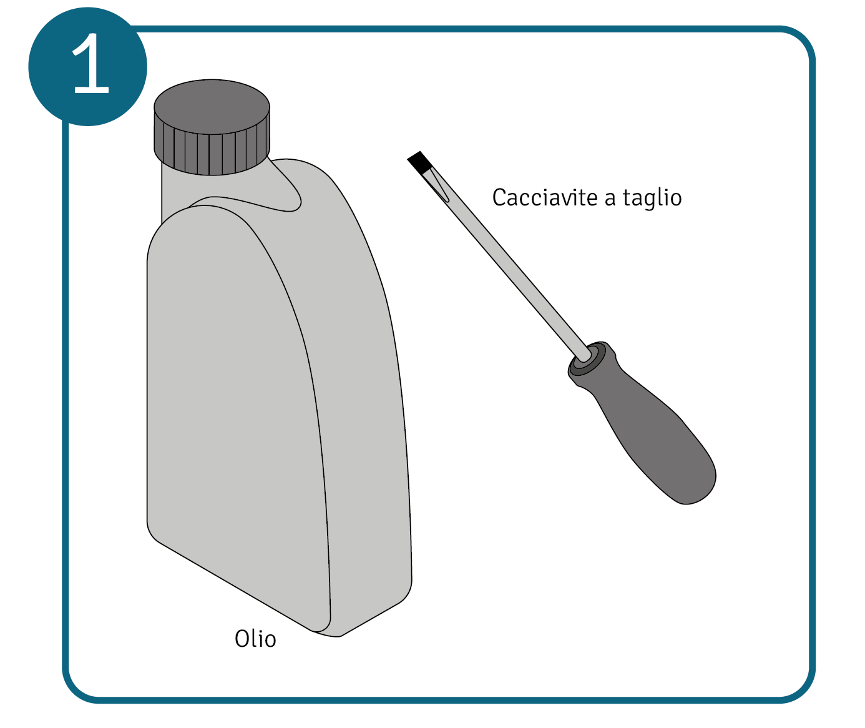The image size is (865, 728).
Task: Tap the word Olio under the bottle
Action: point(255,639)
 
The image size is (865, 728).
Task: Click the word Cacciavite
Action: point(545,197)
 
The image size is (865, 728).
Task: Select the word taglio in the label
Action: point(652,197)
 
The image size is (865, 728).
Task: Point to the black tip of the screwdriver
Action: point(420,162)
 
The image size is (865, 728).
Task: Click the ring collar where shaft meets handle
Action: point(586,358)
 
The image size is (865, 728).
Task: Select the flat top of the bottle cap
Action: point(212,107)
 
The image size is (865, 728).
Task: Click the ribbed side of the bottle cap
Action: point(212,154)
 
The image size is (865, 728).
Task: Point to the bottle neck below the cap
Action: point(174,190)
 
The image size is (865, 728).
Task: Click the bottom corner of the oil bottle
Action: point(327,634)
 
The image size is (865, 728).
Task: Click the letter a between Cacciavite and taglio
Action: point(610,199)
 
